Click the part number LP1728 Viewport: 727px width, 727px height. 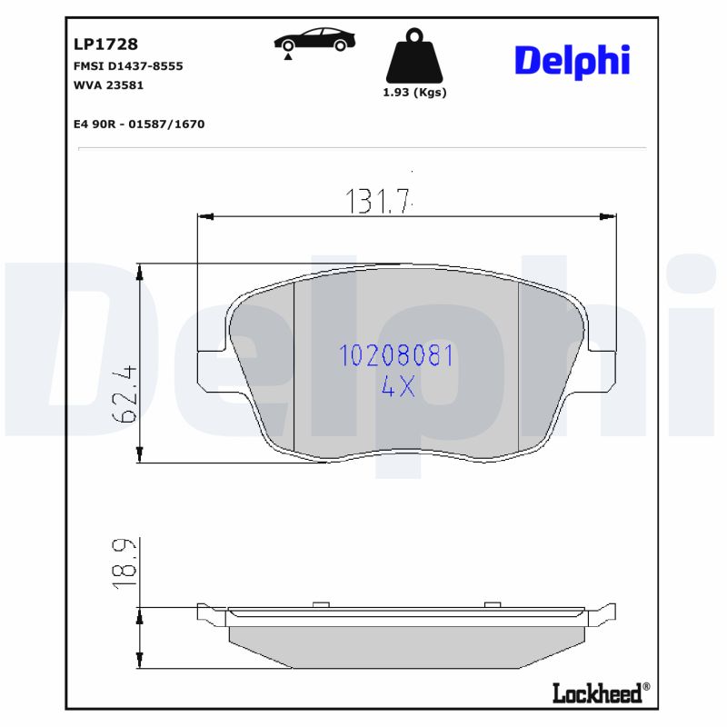click(105, 43)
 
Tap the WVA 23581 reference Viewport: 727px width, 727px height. click(107, 85)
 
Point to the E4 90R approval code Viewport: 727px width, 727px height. click(138, 124)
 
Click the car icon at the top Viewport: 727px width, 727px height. click(314, 42)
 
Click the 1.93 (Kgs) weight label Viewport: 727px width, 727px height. click(414, 92)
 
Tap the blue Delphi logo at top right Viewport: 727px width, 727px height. click(572, 60)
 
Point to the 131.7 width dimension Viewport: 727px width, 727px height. click(378, 200)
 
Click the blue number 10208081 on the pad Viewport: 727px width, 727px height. click(396, 355)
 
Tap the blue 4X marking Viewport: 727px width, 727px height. click(397, 387)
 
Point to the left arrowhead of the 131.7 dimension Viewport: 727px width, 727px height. click(204, 216)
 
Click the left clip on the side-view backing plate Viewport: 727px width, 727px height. click(319, 603)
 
